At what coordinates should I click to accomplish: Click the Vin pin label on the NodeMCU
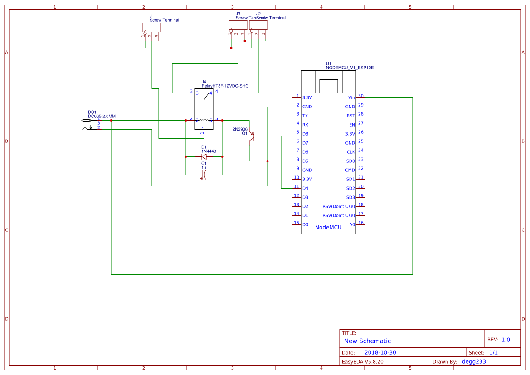tap(351, 97)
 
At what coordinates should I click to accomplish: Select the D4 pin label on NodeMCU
tap(305, 188)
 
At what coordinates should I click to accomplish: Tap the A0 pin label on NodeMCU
tap(352, 224)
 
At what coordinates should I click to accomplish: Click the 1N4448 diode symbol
tap(204, 156)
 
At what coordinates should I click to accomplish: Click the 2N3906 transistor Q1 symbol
tap(252, 136)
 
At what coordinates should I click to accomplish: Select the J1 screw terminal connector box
tap(151, 27)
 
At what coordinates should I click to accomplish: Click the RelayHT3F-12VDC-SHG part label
tap(225, 86)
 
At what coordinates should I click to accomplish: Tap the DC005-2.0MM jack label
tap(102, 117)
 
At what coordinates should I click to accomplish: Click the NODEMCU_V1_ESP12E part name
tap(350, 68)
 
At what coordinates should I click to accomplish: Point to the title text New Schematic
tap(367, 341)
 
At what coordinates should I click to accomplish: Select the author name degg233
tap(474, 361)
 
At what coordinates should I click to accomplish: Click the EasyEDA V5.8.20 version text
tap(362, 361)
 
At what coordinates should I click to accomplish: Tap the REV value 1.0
tap(506, 340)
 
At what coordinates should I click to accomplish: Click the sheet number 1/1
tap(493, 352)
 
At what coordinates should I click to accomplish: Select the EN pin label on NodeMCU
tap(351, 125)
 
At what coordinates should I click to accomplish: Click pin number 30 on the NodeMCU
tap(361, 96)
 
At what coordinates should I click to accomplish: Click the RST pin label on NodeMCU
tap(350, 116)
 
